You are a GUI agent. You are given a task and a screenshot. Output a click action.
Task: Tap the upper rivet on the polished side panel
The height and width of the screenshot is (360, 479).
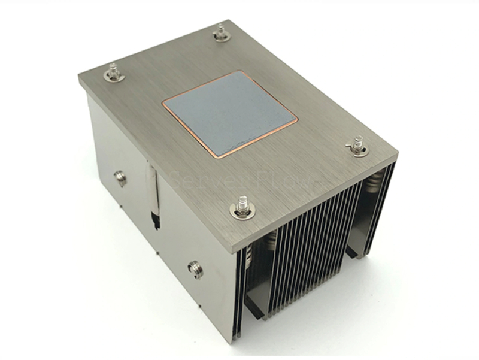tap(121, 177)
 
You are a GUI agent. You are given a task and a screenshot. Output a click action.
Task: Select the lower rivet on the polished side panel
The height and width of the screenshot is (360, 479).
tap(195, 269)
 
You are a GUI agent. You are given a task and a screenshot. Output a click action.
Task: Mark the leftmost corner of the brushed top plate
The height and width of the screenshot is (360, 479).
tap(79, 76)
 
